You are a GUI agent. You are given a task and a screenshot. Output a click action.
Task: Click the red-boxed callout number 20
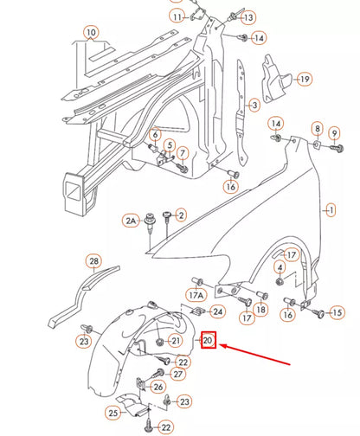tap(209, 341)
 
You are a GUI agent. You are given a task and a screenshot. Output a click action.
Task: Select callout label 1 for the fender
tap(329, 210)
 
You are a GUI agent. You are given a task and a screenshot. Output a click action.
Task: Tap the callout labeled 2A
tap(131, 221)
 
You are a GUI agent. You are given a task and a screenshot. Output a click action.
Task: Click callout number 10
tap(91, 35)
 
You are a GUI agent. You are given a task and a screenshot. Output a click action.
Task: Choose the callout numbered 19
tap(304, 79)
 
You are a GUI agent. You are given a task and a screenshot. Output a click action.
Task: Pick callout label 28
tap(93, 260)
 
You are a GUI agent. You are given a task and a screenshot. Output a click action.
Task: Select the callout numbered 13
tap(247, 17)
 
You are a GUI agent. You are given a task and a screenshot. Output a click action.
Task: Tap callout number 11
tap(177, 17)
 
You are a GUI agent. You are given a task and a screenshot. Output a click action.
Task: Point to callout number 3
tap(254, 106)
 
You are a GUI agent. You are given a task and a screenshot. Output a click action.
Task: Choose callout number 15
tap(337, 311)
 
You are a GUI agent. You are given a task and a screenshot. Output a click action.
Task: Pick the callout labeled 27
tap(177, 374)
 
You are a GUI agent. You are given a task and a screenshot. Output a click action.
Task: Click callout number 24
tap(218, 311)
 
